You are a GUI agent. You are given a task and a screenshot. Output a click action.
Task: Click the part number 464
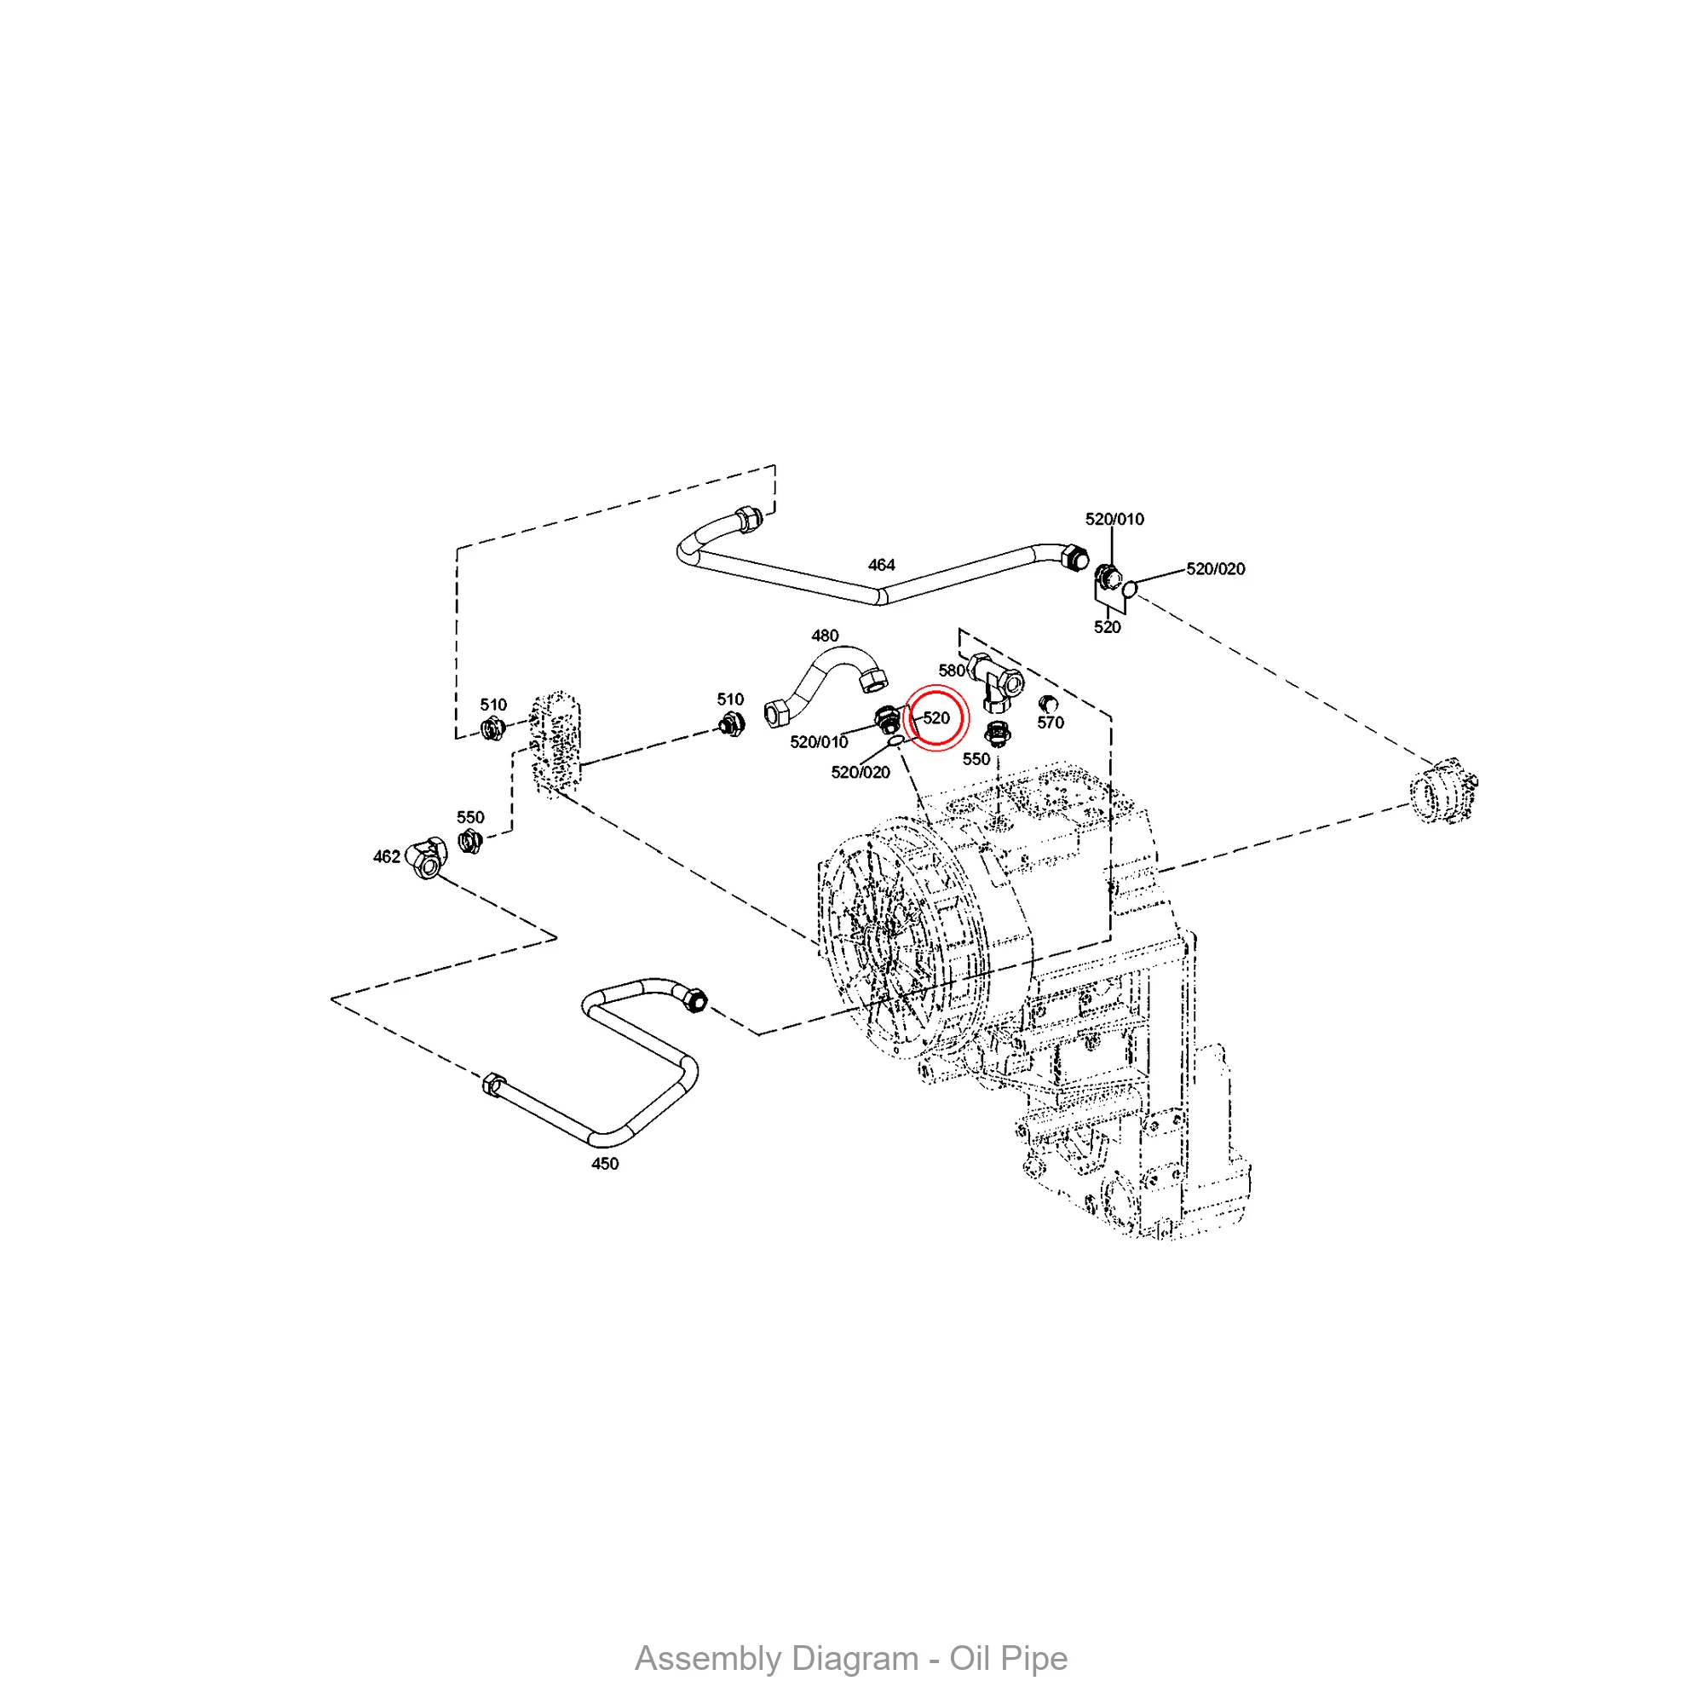(881, 565)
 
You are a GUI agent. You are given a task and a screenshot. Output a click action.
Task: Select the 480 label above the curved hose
(825, 635)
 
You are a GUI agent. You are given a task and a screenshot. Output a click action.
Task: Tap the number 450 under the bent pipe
(605, 1163)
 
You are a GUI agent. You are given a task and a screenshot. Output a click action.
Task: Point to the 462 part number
(386, 856)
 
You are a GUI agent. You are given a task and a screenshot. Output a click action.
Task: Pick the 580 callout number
(952, 671)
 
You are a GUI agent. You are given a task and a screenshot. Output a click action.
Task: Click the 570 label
(1051, 722)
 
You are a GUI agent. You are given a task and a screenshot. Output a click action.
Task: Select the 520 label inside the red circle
(936, 718)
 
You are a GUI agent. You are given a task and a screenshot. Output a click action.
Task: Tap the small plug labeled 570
(1048, 703)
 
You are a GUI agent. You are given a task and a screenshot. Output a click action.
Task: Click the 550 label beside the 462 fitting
(470, 817)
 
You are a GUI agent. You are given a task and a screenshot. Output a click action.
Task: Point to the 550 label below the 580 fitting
(976, 759)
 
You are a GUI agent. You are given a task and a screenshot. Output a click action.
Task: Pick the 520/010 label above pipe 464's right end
(1114, 519)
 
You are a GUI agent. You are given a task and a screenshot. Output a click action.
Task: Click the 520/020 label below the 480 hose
(860, 773)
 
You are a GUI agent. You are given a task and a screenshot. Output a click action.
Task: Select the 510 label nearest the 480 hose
(730, 699)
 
